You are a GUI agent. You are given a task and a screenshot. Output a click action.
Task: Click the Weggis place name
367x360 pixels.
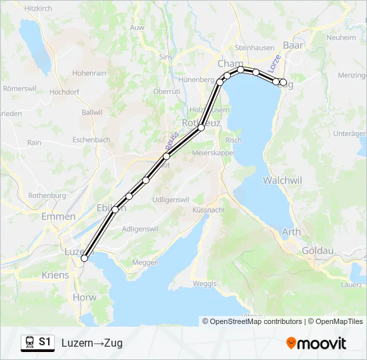205,284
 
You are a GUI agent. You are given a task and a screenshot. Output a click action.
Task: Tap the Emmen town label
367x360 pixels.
57,217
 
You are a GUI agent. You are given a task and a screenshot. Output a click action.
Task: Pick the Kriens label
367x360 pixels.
55,275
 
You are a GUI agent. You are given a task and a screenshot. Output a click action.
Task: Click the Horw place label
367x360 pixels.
85,297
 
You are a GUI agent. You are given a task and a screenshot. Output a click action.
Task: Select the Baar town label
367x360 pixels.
293,45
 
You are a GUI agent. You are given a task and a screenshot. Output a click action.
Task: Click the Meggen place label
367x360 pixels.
146,262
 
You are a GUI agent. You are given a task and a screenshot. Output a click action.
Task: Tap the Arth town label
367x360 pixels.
291,232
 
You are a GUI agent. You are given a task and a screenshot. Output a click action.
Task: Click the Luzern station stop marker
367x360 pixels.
84,259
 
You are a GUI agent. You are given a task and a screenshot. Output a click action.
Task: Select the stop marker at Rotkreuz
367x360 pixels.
200,127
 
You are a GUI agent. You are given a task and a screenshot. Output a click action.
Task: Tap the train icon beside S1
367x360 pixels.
29,342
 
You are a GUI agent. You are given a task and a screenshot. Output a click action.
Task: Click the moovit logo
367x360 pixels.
316,343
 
